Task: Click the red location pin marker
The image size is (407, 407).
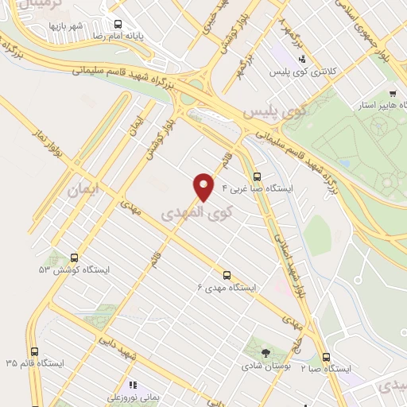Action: (203, 188)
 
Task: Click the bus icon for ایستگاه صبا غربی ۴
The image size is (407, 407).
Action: (256, 177)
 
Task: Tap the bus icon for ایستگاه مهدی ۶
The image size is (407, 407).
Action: (227, 275)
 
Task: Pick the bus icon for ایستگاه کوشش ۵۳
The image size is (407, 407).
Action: (74, 258)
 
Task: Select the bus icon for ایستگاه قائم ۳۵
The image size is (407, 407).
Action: (33, 351)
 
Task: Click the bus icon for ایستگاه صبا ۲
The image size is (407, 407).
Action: (326, 358)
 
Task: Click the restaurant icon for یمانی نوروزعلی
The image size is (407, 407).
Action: (134, 384)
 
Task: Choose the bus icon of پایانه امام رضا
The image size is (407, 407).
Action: (118, 25)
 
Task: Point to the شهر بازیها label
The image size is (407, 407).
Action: (67, 26)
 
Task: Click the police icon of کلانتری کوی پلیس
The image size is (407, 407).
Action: (301, 57)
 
